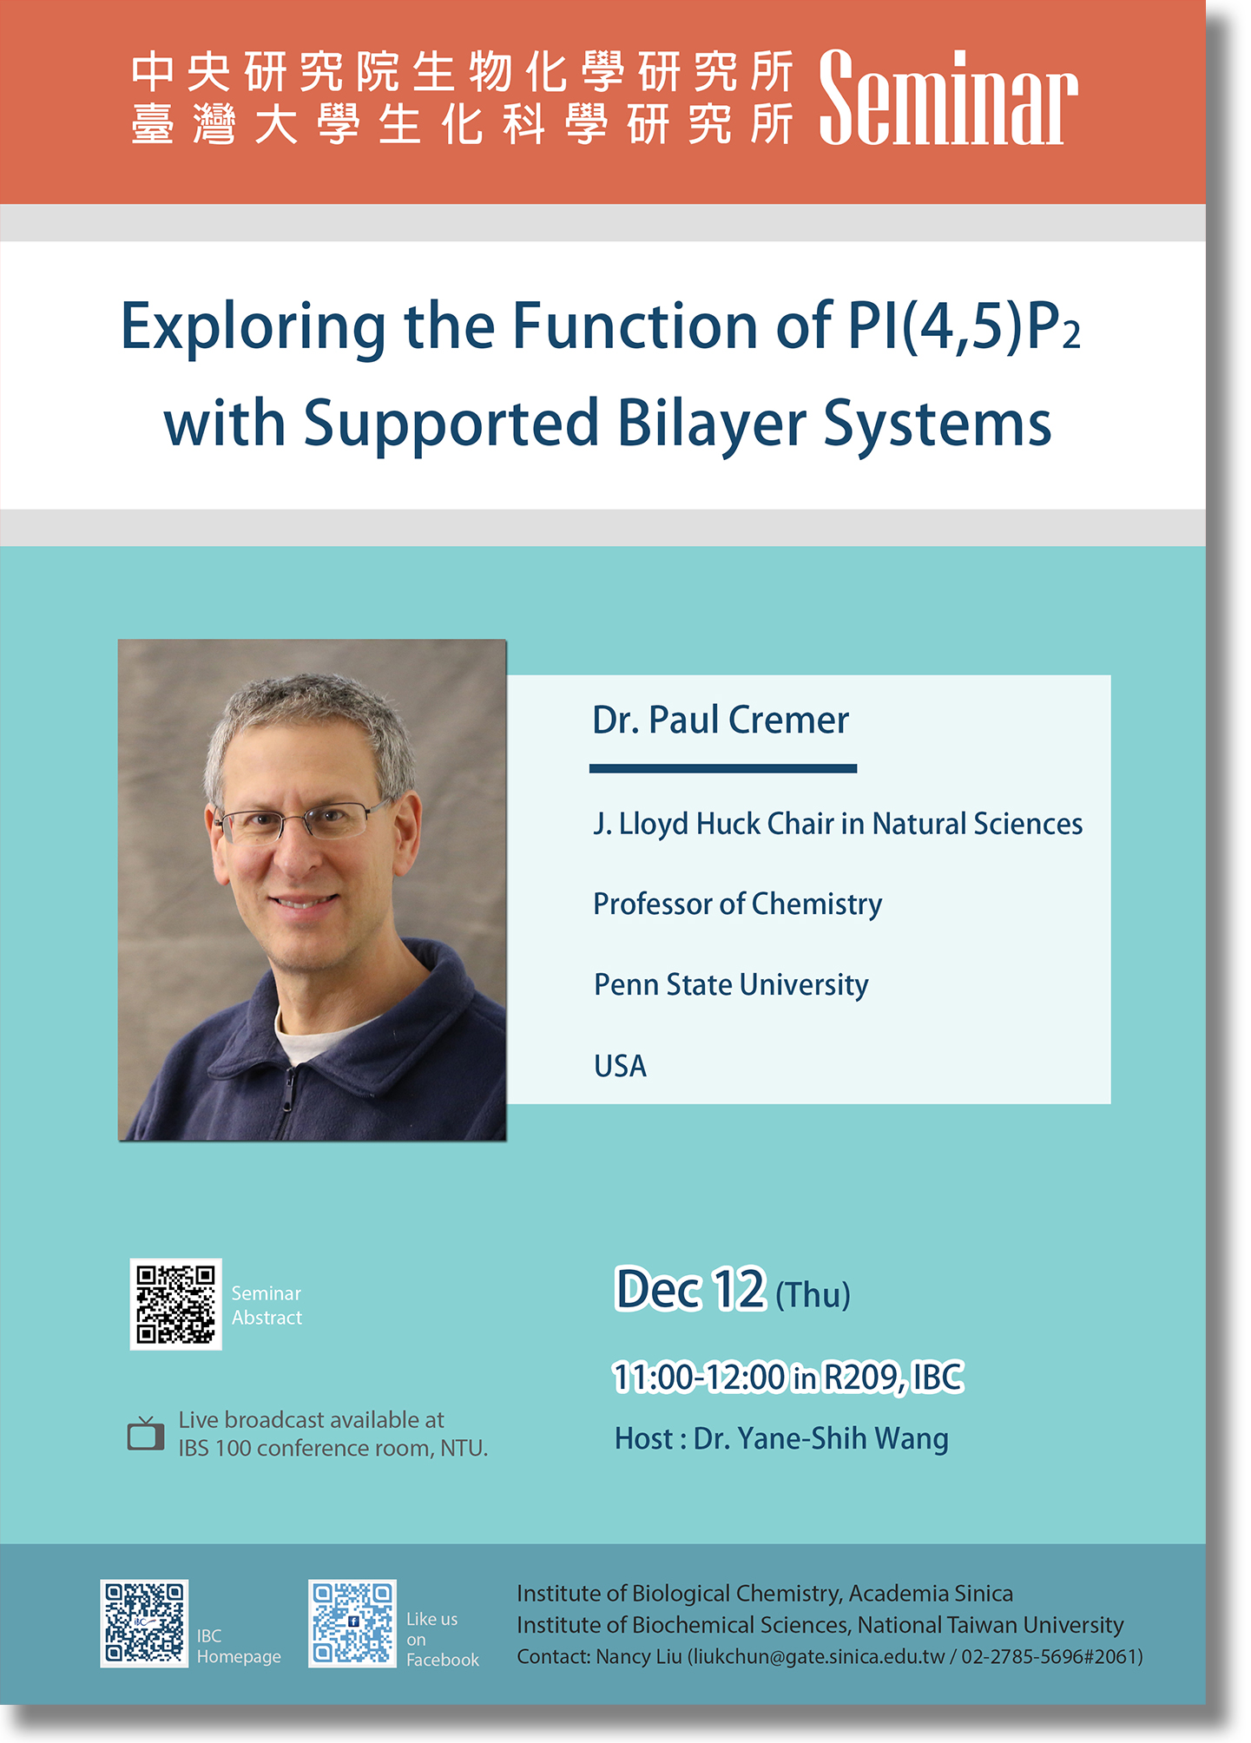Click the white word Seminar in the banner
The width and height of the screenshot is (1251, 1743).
pyautogui.click(x=948, y=97)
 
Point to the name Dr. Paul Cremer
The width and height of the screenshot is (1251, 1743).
pyautogui.click(x=721, y=720)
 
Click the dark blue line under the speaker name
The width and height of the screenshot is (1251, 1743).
pyautogui.click(x=723, y=768)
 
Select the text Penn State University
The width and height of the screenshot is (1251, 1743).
pyautogui.click(x=731, y=985)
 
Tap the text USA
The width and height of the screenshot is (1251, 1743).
pyautogui.click(x=620, y=1066)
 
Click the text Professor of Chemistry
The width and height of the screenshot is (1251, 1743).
pyautogui.click(x=738, y=904)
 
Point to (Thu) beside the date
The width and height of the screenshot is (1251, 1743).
pyautogui.click(x=813, y=1295)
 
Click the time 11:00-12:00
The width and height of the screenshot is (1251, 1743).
pyautogui.click(x=699, y=1377)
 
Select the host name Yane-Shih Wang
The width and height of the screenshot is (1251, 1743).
pyautogui.click(x=842, y=1439)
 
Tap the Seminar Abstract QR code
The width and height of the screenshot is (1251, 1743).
pyautogui.click(x=175, y=1304)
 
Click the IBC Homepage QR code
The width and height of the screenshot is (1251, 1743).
pyautogui.click(x=144, y=1623)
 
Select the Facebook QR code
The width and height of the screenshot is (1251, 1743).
pyautogui.click(x=352, y=1623)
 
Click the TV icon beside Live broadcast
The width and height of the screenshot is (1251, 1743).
pyautogui.click(x=145, y=1434)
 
